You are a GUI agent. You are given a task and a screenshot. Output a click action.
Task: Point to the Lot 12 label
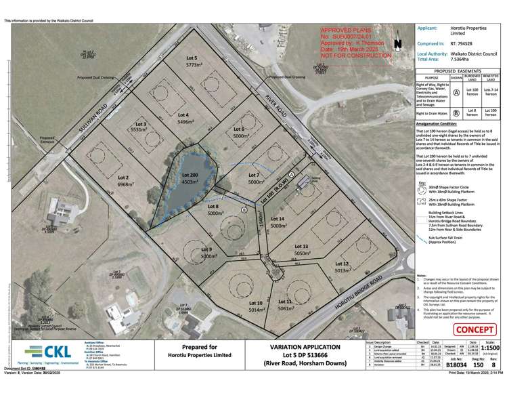(x=341, y=263)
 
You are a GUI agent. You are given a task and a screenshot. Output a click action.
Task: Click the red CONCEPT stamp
(x=477, y=330)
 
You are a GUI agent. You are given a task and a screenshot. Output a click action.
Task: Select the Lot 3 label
(x=140, y=124)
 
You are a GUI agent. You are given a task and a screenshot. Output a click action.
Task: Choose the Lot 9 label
(x=206, y=249)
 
